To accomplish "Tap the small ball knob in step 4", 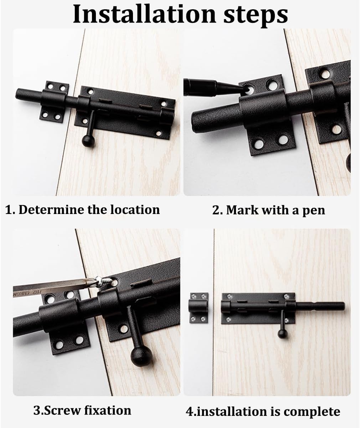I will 282,334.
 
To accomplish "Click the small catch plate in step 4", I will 198,307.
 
